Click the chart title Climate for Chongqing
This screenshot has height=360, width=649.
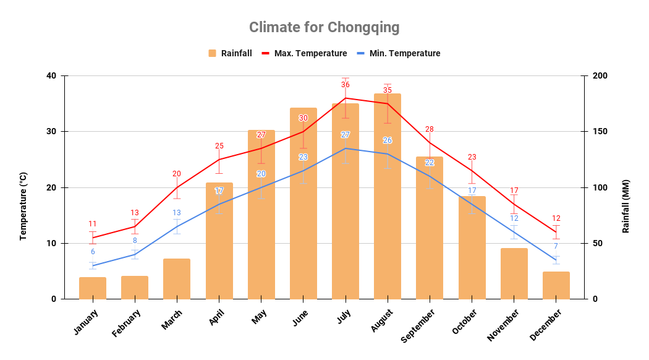coord(324,27)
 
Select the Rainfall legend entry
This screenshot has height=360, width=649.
coord(230,53)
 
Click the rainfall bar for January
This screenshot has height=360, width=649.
coord(93,288)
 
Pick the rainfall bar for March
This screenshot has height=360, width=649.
coord(177,279)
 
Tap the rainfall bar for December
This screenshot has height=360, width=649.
coord(556,285)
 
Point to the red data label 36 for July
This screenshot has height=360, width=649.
coord(346,85)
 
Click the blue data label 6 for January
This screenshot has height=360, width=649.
coord(93,252)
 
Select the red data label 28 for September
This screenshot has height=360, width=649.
coord(430,129)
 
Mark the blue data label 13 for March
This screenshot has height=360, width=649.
coord(177,213)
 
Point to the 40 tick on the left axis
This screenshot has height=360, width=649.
coord(51,76)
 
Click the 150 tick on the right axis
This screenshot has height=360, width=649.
coord(600,132)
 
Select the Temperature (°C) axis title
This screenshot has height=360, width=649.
coord(23,206)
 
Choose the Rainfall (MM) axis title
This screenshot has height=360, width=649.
coord(626,206)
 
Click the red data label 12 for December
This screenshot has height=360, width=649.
coord(556,218)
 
